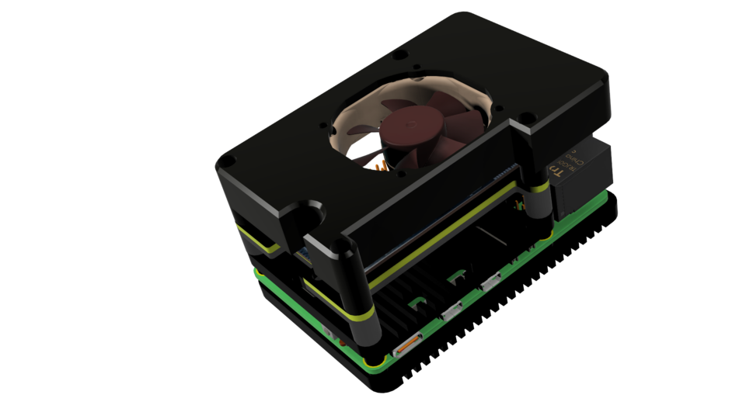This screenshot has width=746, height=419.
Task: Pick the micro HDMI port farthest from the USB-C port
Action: click(491, 283)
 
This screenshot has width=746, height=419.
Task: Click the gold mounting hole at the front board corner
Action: click(378, 361)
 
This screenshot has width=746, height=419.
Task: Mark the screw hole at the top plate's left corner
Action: click(225, 160)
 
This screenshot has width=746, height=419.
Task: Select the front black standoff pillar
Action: click(361, 295)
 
